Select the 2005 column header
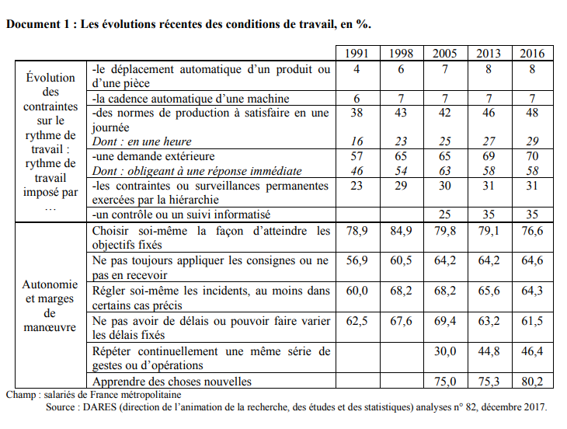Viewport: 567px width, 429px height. pos(445,54)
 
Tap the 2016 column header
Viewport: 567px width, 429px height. pos(533,54)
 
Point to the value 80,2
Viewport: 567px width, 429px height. pos(533,382)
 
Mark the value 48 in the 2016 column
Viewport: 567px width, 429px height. pos(533,113)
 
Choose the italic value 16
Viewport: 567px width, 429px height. pos(357,142)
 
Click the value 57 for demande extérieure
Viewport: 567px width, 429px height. pos(357,157)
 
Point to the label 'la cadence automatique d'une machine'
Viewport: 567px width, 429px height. pos(190,98)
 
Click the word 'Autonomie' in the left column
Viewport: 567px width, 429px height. pos(50,284)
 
